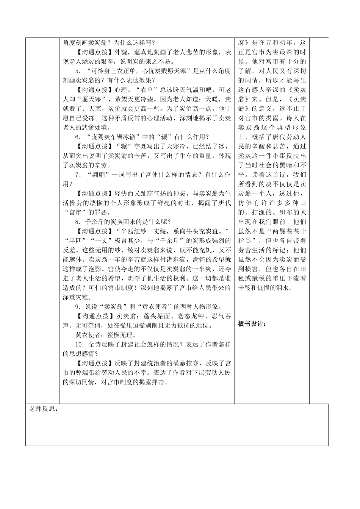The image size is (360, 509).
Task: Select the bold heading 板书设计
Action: (x=252, y=323)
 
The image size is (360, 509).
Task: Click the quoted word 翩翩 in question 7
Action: (x=93, y=175)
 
